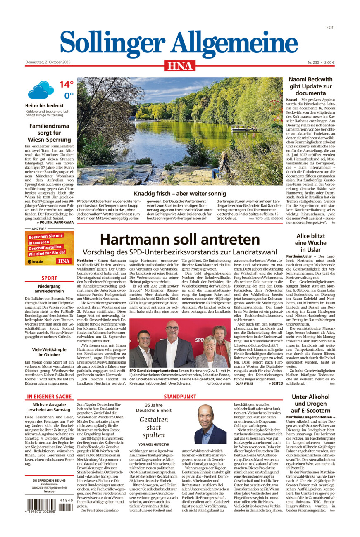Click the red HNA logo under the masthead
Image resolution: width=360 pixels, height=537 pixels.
[179, 65]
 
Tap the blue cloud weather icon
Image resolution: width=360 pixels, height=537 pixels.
[41, 90]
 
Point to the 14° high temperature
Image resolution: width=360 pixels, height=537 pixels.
[66, 84]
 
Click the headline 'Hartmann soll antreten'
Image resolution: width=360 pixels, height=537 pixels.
[180, 239]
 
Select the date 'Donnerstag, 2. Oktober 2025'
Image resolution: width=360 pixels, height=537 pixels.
[48, 62]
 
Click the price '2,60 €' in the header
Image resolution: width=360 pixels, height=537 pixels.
[329, 62]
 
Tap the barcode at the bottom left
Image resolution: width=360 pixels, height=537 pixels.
[47, 505]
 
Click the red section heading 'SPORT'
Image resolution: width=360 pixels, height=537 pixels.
[49, 278]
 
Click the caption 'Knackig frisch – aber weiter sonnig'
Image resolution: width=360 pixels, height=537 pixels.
[180, 193]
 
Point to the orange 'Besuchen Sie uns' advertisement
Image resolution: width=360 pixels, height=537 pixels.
[49, 248]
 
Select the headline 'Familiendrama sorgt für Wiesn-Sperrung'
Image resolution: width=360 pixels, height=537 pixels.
[49, 133]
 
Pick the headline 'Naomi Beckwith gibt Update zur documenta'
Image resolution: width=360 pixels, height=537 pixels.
[310, 86]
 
